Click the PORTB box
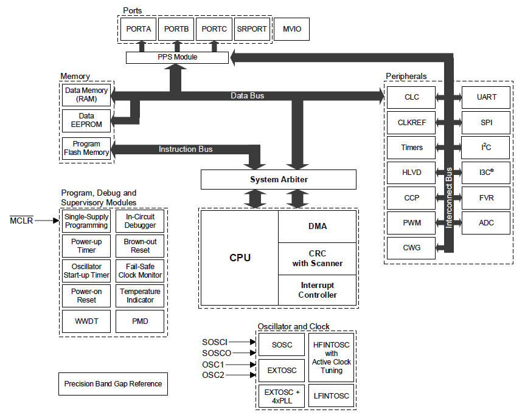[x=177, y=29]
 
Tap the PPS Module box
[x=178, y=58]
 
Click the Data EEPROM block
[x=86, y=120]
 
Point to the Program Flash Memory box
[x=86, y=148]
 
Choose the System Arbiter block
[x=278, y=179]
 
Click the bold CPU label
[x=240, y=258]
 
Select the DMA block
[x=317, y=227]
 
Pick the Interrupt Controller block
[x=317, y=290]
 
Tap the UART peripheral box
[x=486, y=97]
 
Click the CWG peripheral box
[x=412, y=248]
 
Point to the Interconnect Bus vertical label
[x=450, y=198]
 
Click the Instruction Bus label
[x=186, y=149]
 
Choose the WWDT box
[x=86, y=321]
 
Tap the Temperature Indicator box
[x=140, y=296]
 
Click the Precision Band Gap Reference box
[x=113, y=384]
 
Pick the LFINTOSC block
[x=332, y=396]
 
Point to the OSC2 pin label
[x=214, y=375]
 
